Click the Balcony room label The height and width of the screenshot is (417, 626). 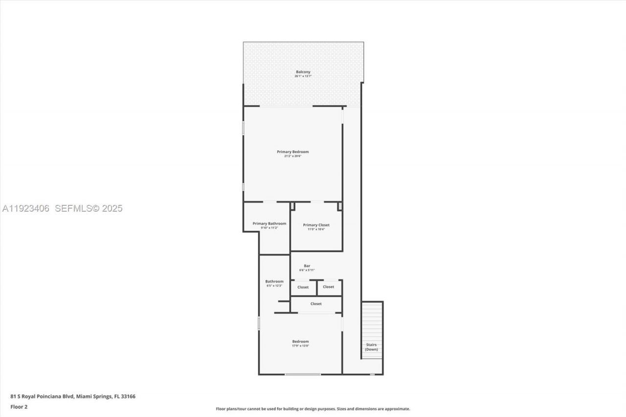pos(303,72)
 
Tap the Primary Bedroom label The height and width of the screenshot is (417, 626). pos(292,152)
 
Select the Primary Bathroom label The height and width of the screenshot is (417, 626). pos(269,223)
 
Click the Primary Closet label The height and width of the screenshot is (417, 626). pos(316,225)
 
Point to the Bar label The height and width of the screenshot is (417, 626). pos(307,266)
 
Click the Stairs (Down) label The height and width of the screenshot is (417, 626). pos(371,347)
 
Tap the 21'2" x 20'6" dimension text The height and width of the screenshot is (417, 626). pos(292,156)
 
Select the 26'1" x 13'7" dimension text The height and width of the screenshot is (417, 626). pos(303,76)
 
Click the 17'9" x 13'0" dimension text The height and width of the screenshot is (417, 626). pos(300,346)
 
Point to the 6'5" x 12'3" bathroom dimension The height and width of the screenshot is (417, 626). pos(274,285)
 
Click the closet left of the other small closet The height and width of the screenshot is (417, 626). pos(303,287)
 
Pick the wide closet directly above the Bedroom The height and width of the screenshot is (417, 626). pos(316,304)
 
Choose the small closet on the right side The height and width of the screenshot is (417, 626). pos(329,287)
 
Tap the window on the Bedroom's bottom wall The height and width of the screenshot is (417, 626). pos(303,374)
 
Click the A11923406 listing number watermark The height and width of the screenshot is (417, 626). pos(25,208)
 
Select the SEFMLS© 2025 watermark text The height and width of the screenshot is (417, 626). pos(89,208)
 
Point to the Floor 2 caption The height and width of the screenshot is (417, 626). pos(19,407)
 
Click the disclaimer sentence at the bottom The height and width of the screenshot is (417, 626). pos(313,409)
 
